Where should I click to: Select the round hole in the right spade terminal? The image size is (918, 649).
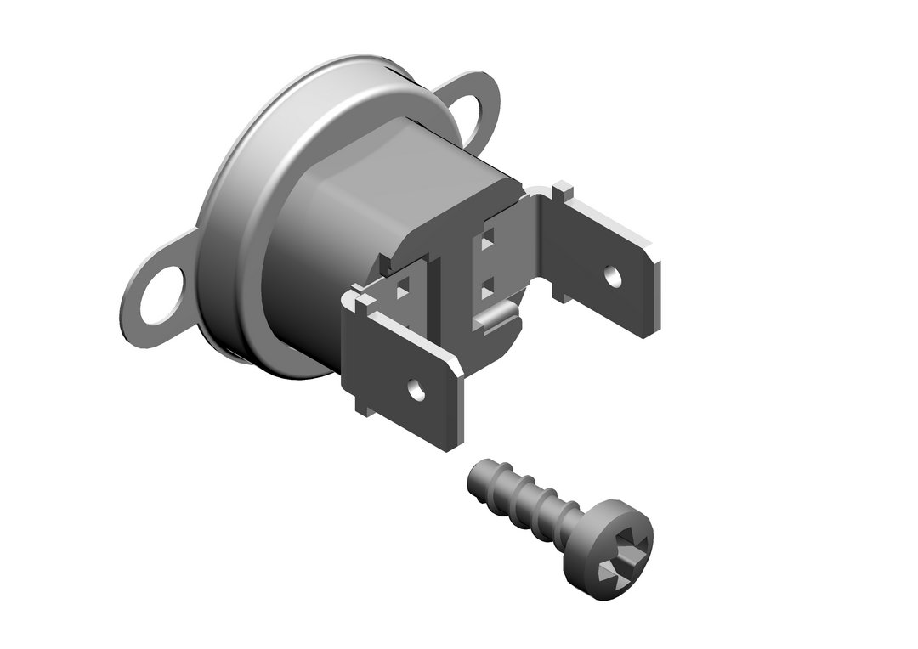(611, 274)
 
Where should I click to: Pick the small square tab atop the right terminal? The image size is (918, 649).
(562, 189)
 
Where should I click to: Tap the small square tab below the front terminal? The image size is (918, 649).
(363, 411)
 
